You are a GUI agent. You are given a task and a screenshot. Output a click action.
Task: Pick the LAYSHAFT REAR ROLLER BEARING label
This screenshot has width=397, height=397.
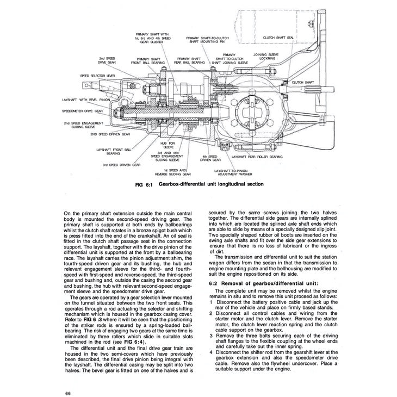click(x=257, y=156)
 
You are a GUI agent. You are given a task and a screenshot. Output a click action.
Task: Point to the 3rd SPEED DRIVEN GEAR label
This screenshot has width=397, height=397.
click(x=121, y=164)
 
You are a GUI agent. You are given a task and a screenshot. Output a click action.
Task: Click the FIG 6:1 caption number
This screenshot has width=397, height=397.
click(x=144, y=184)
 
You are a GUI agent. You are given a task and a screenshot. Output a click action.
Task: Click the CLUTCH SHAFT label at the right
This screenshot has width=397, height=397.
click(x=302, y=82)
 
